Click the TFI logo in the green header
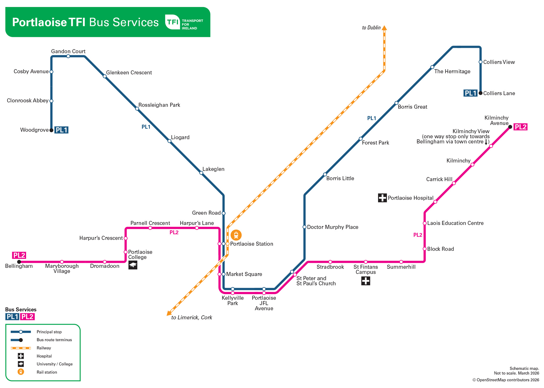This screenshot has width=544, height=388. (173, 22)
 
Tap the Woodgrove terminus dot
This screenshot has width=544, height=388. (52, 130)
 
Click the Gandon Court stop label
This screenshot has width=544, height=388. (68, 51)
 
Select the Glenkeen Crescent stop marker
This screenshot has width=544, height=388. (105, 77)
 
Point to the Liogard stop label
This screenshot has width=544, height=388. (180, 137)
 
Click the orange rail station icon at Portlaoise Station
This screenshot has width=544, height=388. (236, 235)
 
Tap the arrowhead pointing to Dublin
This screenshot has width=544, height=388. (384, 28)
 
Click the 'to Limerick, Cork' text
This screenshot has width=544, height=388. (192, 317)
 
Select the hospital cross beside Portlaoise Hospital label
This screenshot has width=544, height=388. (382, 198)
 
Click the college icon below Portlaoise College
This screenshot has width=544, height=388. (133, 265)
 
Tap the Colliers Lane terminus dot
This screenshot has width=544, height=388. (481, 93)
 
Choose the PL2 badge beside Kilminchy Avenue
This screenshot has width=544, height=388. (520, 127)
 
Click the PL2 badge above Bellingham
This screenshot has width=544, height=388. (19, 255)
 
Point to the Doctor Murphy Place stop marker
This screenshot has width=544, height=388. (304, 227)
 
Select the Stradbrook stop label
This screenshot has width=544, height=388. (330, 267)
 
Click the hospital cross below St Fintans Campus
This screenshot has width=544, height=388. (365, 281)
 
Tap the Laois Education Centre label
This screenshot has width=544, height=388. (455, 223)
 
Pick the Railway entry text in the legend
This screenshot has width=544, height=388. (44, 348)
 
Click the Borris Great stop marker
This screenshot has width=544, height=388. (396, 103)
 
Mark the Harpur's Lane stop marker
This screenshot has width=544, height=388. (197, 228)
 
